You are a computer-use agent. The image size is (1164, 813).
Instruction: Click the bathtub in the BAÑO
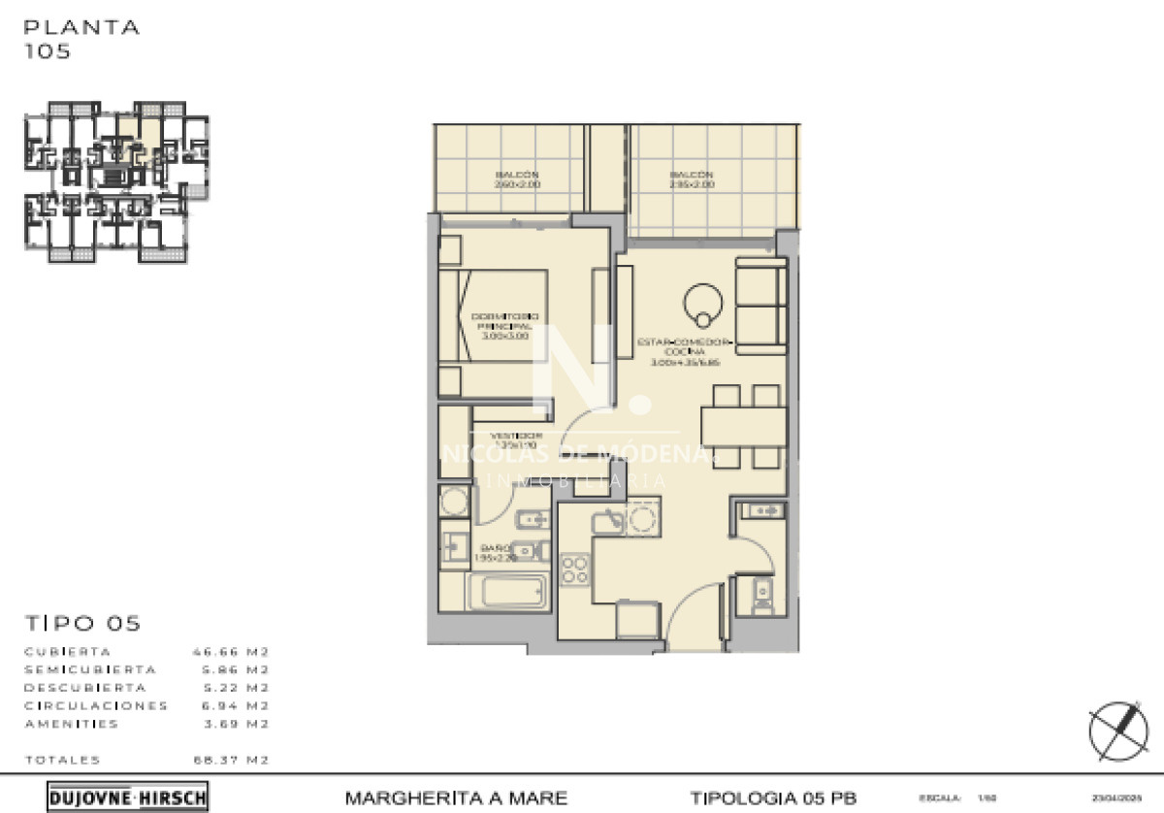pos(508,591)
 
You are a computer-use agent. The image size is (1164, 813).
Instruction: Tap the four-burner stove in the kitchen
pos(574,569)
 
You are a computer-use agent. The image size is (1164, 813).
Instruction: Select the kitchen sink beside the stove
pos(609,522)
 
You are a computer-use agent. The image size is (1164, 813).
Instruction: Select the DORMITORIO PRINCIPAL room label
pos(504,326)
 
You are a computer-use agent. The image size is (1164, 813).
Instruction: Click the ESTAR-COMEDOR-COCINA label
pos(684,351)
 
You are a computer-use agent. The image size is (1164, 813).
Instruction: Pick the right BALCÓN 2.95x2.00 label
pos(691,179)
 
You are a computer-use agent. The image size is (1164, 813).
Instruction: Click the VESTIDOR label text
pos(508,439)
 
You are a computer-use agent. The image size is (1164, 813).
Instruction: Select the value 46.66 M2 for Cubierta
pos(230,652)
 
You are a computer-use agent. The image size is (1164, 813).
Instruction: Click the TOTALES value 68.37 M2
pos(230,760)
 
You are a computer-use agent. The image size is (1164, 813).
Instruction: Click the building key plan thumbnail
pos(116,181)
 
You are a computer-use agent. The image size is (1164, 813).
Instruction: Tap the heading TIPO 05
pos(82,623)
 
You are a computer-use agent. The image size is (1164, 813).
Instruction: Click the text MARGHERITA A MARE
pos(456,797)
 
